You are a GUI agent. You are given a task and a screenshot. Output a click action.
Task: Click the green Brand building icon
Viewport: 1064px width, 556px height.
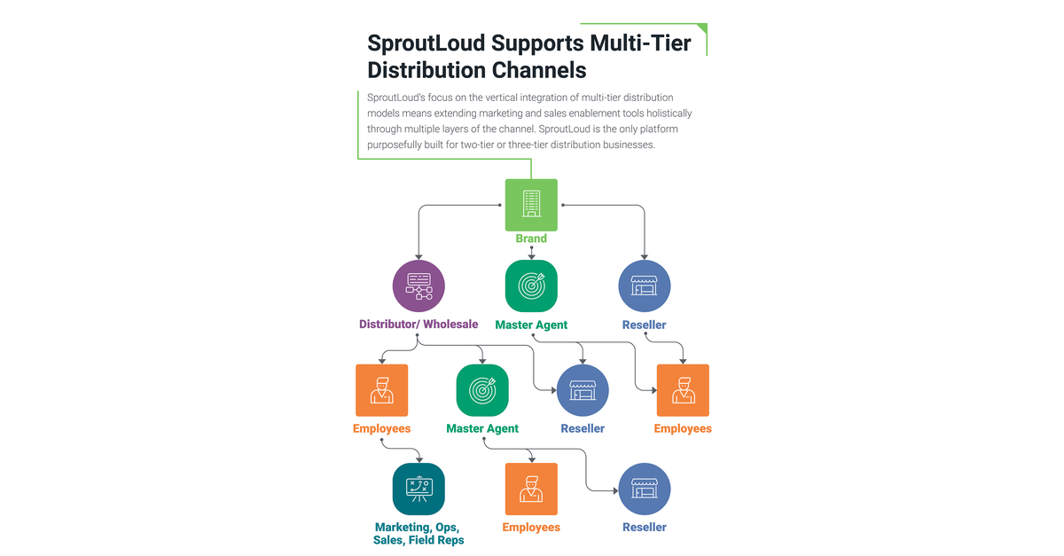pyautogui.click(x=531, y=205)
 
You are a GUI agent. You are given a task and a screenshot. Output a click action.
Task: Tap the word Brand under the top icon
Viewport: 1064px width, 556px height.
pyautogui.click(x=531, y=239)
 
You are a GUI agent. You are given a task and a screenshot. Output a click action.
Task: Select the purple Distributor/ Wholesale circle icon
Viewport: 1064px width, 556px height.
pyautogui.click(x=419, y=286)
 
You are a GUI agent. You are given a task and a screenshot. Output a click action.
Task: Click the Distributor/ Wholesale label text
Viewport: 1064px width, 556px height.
pyautogui.click(x=419, y=325)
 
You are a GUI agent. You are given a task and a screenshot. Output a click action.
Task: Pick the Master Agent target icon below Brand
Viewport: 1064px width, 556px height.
pyautogui.click(x=531, y=286)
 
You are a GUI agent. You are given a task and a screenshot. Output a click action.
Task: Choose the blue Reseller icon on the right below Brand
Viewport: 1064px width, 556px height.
pyautogui.click(x=645, y=286)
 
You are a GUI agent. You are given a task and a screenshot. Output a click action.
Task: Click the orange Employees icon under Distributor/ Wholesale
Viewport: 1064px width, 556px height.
pyautogui.click(x=381, y=390)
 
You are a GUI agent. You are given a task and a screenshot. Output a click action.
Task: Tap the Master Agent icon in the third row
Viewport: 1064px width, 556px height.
pyautogui.click(x=482, y=390)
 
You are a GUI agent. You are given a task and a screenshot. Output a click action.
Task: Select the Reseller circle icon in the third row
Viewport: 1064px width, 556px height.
pyautogui.click(x=583, y=390)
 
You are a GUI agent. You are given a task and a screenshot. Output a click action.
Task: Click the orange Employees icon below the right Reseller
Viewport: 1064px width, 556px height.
pyautogui.click(x=683, y=390)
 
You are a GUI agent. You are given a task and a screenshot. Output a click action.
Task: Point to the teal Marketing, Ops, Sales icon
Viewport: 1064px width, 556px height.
pyautogui.click(x=419, y=489)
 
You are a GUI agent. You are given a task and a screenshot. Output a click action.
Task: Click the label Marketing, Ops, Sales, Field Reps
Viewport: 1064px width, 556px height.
pyautogui.click(x=419, y=533)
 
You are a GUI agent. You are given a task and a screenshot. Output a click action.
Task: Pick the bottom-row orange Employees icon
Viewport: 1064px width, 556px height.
pyautogui.click(x=531, y=489)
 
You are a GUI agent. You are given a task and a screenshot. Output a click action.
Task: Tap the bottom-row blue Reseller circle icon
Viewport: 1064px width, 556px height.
pyautogui.click(x=645, y=489)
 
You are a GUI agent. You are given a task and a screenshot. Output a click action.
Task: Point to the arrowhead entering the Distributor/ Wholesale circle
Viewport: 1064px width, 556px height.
pyautogui.click(x=419, y=256)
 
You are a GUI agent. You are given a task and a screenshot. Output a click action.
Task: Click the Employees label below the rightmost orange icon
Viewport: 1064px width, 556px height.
pyautogui.click(x=683, y=428)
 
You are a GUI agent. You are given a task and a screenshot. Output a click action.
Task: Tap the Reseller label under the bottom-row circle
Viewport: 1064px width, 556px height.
pyautogui.click(x=645, y=527)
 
